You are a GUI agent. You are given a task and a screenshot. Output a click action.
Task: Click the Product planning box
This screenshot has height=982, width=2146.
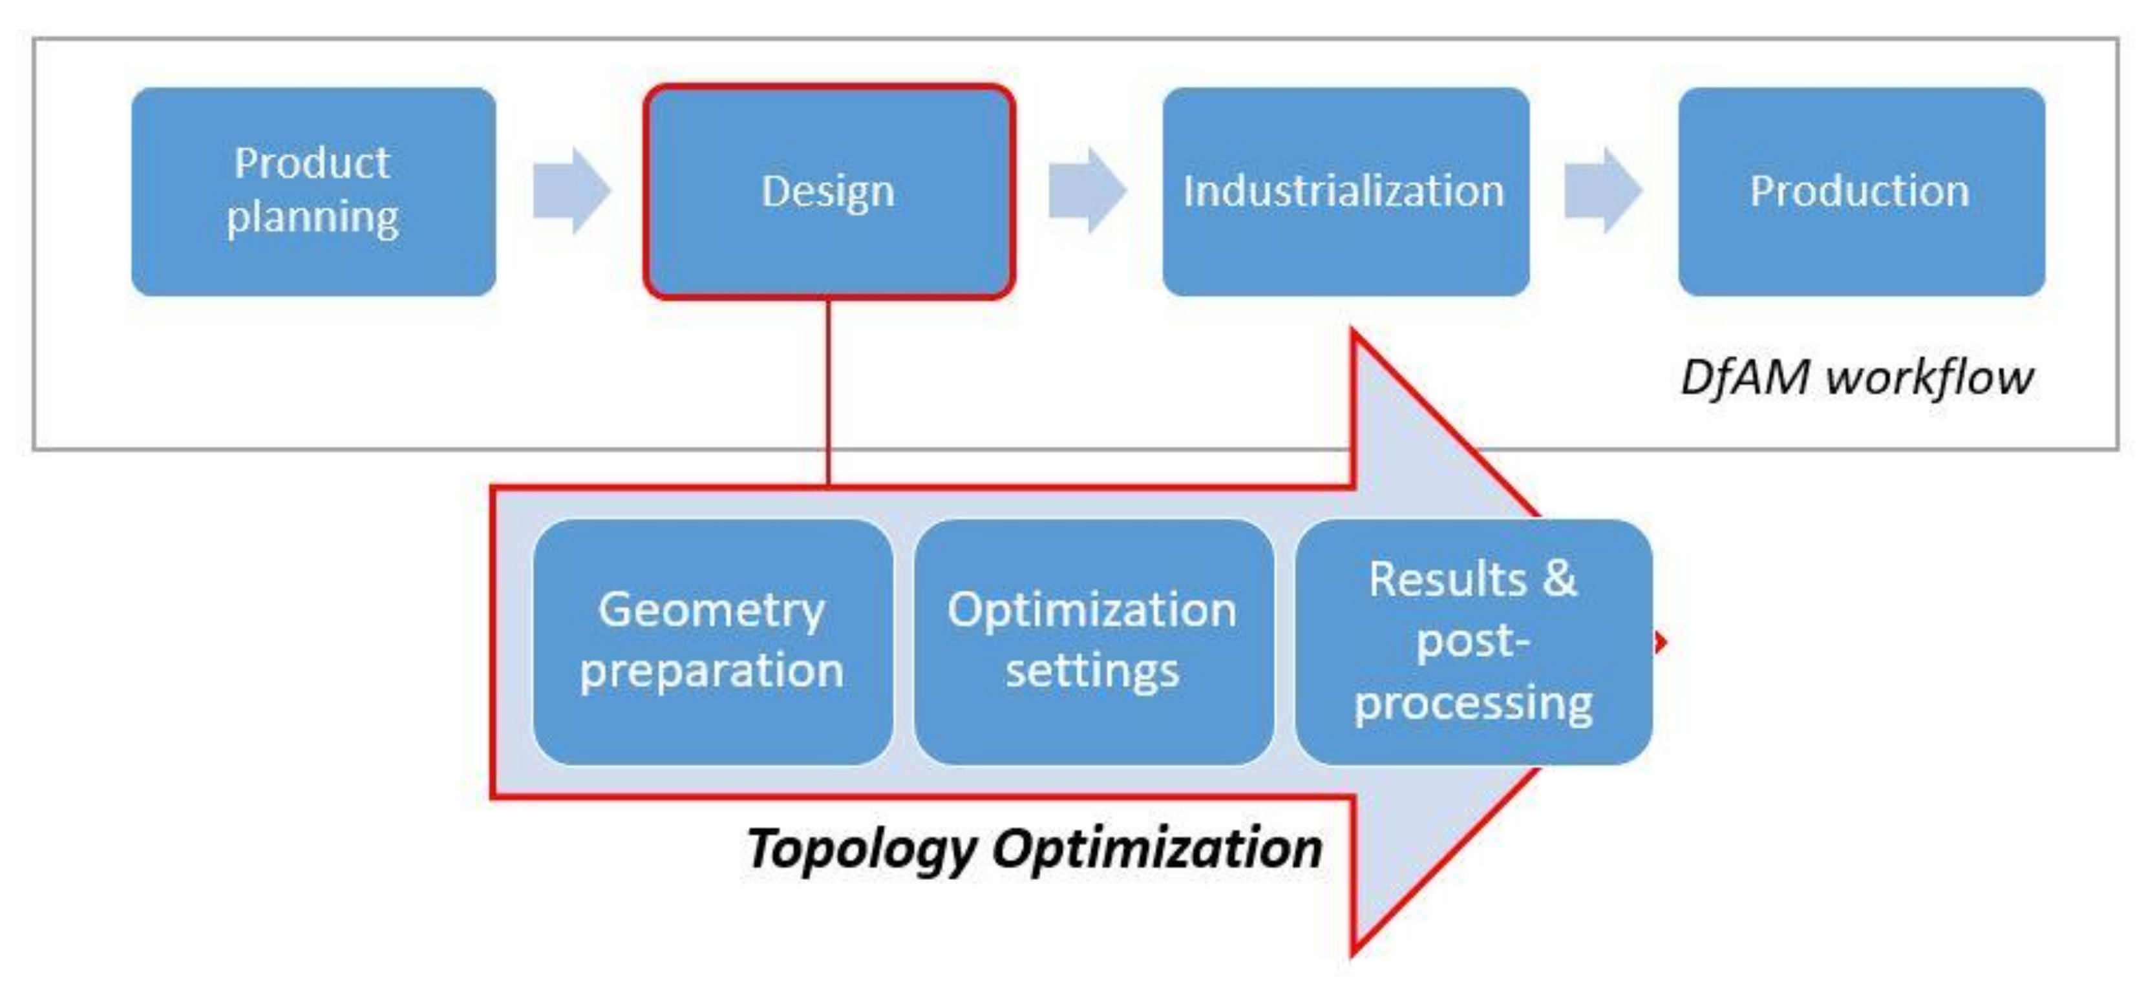[x=313, y=192]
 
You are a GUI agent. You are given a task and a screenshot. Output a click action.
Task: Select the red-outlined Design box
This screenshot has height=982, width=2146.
[x=828, y=192]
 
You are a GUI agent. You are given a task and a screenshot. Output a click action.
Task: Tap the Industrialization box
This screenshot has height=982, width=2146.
[x=1344, y=192]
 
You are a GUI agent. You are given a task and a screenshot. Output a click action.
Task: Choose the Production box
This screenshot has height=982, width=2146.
[x=1861, y=192]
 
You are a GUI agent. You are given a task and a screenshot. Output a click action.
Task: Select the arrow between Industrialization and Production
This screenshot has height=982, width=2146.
[x=1602, y=191]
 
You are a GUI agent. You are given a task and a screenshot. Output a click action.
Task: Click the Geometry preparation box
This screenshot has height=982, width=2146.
[x=712, y=642]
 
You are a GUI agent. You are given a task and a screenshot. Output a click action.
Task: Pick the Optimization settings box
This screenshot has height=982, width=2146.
[x=1092, y=642]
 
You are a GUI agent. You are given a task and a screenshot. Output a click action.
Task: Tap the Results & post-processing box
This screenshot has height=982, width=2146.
[x=1473, y=642]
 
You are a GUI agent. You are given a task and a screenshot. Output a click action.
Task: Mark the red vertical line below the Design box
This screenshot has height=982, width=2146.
[x=828, y=392]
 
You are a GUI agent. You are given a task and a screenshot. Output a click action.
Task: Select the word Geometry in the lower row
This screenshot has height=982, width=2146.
[x=712, y=611]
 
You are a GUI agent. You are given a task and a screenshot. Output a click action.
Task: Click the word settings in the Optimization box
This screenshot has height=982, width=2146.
[x=1092, y=671]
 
